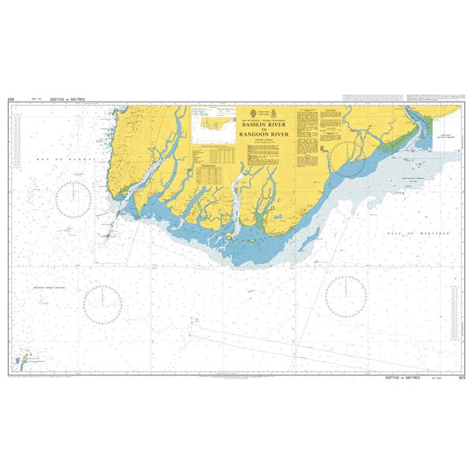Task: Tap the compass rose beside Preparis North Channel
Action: tap(103, 303)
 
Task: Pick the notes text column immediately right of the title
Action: tap(311, 126)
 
